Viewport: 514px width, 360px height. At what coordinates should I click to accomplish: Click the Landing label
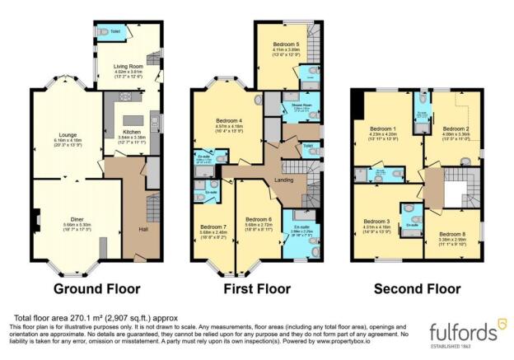283,180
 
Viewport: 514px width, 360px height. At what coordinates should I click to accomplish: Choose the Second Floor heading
416,289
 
